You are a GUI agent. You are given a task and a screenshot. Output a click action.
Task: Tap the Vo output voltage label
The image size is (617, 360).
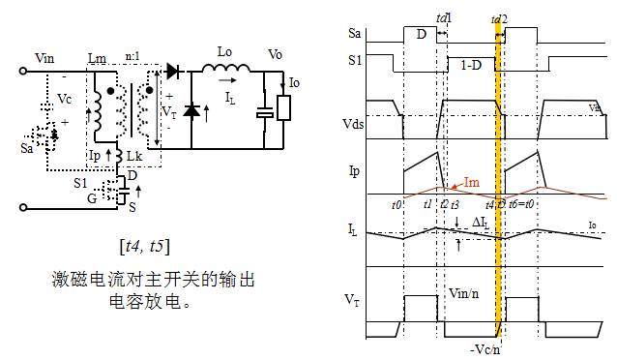[275, 53]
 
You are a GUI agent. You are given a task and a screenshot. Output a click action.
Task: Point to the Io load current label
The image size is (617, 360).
[294, 84]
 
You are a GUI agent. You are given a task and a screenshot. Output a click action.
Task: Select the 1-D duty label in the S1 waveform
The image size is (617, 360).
[472, 63]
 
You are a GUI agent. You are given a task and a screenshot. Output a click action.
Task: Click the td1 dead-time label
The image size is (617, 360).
[444, 18]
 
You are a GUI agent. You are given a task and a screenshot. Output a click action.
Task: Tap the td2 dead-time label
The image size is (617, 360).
[499, 18]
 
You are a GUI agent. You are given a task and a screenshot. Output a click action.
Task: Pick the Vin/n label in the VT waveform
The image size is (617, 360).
[462, 289]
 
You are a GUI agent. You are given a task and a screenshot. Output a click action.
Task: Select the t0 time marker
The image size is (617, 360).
[397, 204]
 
